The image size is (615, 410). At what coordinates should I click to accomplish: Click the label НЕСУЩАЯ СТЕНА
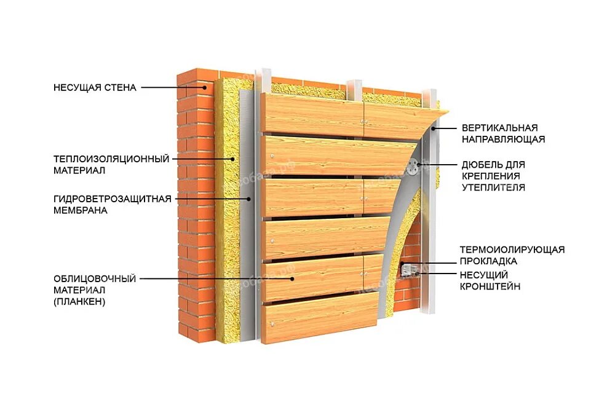click(x=94, y=87)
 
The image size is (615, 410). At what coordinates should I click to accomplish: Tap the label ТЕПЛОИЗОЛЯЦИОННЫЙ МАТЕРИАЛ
click(x=111, y=164)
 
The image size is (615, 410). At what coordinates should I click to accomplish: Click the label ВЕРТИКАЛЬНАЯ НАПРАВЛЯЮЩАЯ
click(x=500, y=133)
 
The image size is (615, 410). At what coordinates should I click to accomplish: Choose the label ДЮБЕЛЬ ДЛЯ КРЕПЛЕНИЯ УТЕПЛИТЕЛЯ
click(x=493, y=176)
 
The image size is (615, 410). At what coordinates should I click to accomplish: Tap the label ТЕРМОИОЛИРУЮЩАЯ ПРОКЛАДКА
click(x=512, y=255)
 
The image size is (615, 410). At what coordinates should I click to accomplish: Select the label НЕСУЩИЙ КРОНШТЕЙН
click(x=490, y=280)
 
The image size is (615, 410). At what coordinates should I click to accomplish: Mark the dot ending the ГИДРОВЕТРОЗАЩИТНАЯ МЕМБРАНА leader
click(x=249, y=199)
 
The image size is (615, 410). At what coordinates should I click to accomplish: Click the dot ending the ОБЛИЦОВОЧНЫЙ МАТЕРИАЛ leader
click(x=292, y=278)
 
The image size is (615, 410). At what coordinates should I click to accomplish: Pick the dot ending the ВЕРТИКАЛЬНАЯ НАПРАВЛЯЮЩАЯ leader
click(x=433, y=128)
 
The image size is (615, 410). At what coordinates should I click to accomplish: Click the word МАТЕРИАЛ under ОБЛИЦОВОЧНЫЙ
click(x=79, y=290)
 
